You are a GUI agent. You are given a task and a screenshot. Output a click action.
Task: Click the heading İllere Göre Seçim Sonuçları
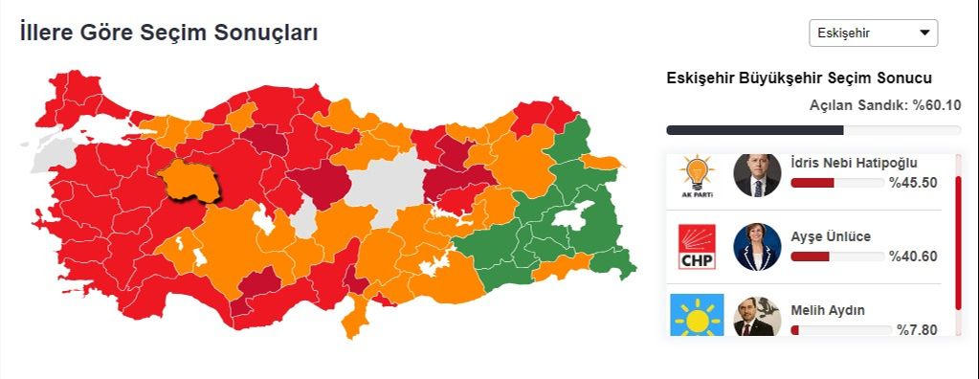click(x=169, y=33)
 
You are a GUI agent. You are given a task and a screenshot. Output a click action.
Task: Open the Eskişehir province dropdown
click(x=873, y=33)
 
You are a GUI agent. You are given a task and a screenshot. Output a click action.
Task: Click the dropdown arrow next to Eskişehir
click(x=924, y=33)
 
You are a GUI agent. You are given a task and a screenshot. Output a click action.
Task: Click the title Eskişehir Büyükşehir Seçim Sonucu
click(x=799, y=78)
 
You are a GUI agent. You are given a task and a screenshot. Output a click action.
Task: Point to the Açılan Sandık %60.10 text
click(x=885, y=105)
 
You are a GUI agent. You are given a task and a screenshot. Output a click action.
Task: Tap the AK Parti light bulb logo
click(x=697, y=175)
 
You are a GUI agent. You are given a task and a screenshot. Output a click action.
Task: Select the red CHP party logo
click(x=697, y=247)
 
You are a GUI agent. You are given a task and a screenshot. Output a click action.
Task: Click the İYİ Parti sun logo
click(x=697, y=317)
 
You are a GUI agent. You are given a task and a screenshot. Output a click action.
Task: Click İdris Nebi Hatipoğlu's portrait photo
click(x=757, y=175)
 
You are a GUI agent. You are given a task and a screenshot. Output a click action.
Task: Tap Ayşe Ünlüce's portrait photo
click(x=757, y=247)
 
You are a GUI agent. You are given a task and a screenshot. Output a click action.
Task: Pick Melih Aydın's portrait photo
click(x=757, y=317)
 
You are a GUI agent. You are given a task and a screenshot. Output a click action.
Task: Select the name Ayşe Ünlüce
click(x=831, y=236)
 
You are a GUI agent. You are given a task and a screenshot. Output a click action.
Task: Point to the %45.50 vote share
click(x=913, y=183)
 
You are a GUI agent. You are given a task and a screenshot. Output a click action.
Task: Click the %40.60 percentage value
click(x=913, y=256)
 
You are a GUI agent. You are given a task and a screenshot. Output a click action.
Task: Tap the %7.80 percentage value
click(x=917, y=330)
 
